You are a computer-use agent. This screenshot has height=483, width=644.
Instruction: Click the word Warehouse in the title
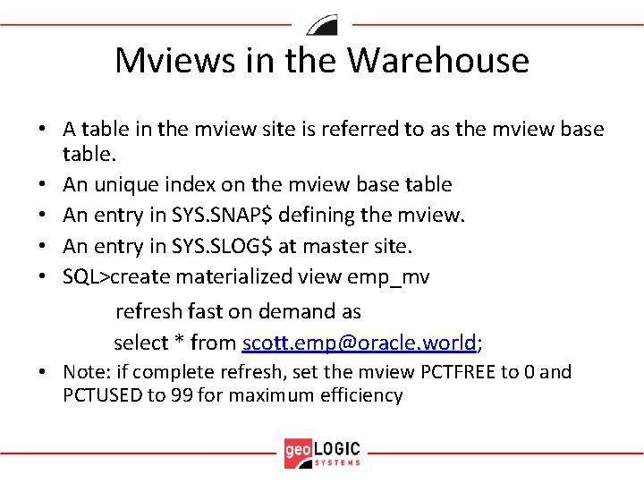point(438,61)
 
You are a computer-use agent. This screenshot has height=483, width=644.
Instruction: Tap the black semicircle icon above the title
point(322,24)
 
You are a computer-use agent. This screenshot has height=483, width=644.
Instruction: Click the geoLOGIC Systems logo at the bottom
point(322,453)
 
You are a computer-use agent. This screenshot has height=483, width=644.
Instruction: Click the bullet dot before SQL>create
point(42,277)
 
